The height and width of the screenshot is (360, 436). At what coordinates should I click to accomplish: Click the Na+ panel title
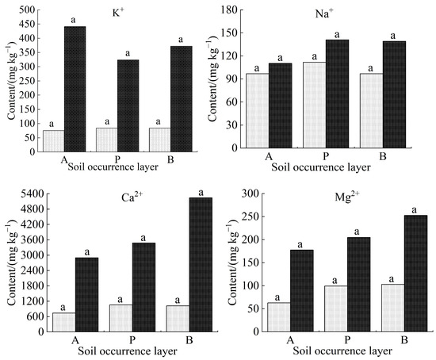pyautogui.click(x=339, y=15)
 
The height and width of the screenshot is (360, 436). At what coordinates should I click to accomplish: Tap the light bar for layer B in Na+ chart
pyautogui.click(x=371, y=110)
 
